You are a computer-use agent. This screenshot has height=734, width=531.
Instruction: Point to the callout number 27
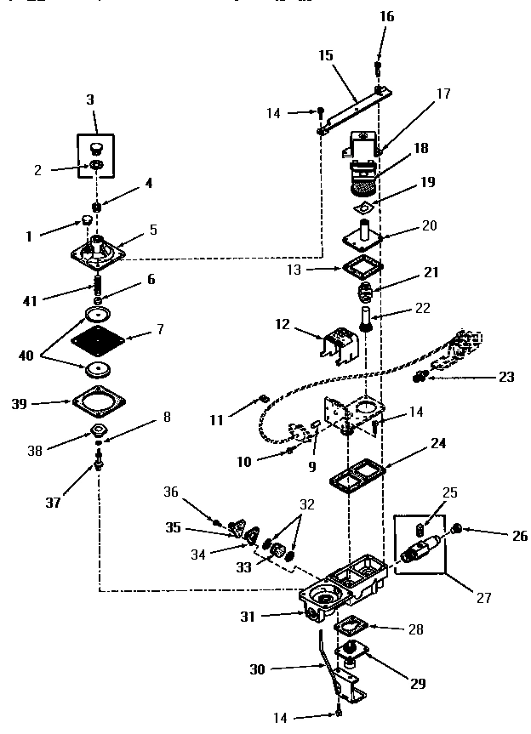point(483,597)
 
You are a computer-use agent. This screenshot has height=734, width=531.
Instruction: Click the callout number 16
point(386,16)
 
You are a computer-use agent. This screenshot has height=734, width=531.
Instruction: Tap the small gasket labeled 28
point(350,628)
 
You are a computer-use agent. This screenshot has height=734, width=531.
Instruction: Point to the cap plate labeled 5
point(99,253)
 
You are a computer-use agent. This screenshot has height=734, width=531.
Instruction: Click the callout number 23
point(507,376)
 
